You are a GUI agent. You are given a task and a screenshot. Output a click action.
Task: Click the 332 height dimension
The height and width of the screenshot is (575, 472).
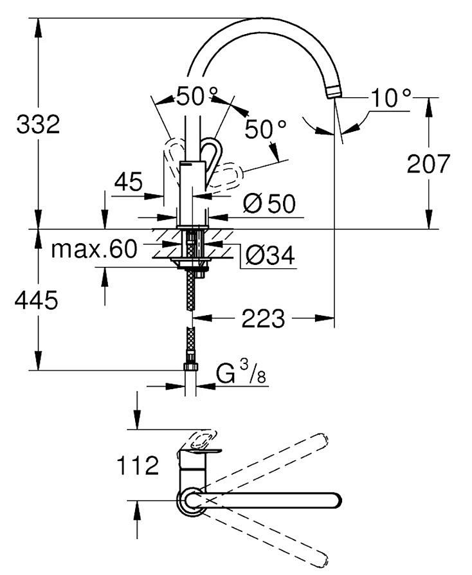pos(38,124)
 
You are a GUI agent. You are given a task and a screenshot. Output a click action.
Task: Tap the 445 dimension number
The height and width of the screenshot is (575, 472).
pos(36,300)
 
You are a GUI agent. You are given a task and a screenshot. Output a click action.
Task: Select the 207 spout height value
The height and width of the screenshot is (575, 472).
pos(428,163)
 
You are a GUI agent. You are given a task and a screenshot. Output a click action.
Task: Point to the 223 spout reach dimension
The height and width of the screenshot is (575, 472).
pos(263,318)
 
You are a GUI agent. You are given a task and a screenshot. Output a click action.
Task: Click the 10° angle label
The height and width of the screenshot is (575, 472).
pos(390,98)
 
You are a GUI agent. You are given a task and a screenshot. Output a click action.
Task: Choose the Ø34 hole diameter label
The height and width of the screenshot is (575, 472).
pos(270,255)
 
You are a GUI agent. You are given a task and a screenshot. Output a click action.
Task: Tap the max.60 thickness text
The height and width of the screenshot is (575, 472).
pos(95,249)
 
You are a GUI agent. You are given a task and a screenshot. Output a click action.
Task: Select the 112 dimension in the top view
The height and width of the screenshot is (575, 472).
pos(138,466)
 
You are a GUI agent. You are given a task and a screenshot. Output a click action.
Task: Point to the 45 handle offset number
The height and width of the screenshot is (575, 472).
pos(128,181)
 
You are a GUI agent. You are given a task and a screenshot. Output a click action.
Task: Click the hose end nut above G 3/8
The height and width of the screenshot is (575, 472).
pos(190,367)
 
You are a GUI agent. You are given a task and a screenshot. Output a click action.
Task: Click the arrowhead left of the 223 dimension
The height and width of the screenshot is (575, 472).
pos(203,318)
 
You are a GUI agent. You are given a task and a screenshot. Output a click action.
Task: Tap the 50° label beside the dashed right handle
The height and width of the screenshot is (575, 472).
pos(265,129)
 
